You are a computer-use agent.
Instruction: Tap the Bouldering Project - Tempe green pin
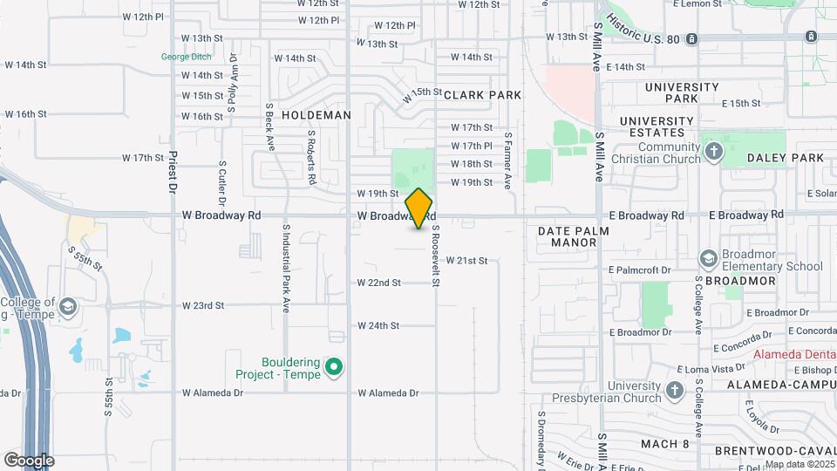pyautogui.click(x=333, y=368)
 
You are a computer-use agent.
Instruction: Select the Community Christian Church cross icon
pyautogui.click(x=714, y=153)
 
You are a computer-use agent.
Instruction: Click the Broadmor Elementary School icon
pyautogui.click(x=708, y=258)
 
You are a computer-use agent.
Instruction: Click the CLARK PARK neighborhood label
pyautogui.click(x=482, y=95)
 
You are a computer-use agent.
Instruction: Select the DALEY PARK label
pyautogui.click(x=786, y=158)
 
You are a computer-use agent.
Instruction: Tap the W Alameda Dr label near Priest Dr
pyautogui.click(x=213, y=393)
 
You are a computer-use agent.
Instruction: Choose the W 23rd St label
pyautogui.click(x=203, y=306)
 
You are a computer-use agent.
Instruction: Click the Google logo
pyautogui.click(x=29, y=460)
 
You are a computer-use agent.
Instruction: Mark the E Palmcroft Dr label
pyautogui.click(x=640, y=271)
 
